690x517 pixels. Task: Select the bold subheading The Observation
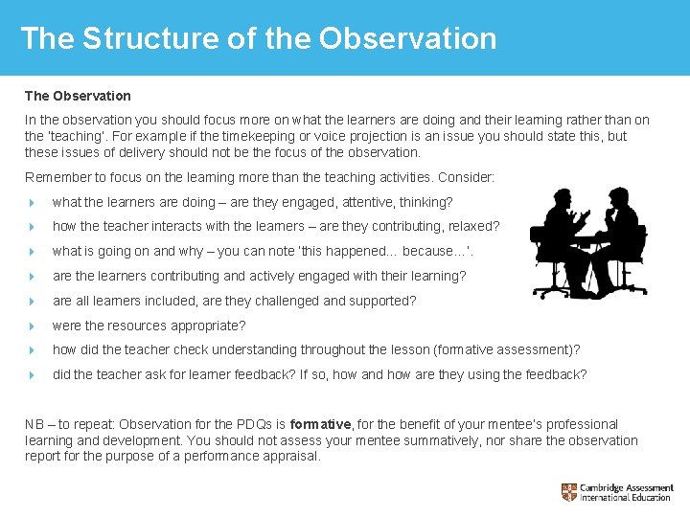coord(78,96)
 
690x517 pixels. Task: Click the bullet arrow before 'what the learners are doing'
coord(32,203)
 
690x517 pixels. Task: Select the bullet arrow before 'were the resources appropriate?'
coord(32,326)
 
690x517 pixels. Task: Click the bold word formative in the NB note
coord(321,424)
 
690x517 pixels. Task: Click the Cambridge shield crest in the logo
coord(570,492)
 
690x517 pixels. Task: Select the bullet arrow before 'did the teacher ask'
coord(32,375)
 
